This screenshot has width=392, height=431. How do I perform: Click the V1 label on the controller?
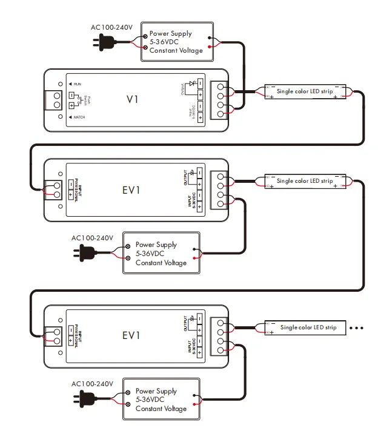click(x=132, y=99)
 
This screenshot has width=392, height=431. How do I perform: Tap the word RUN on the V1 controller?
click(x=78, y=83)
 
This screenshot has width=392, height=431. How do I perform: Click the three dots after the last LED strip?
click(x=357, y=328)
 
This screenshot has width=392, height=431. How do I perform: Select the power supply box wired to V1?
click(x=178, y=42)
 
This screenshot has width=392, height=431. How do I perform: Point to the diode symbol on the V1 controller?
click(x=193, y=83)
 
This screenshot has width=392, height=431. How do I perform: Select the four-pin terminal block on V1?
click(x=219, y=99)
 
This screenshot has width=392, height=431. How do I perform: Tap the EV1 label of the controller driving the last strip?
click(x=131, y=336)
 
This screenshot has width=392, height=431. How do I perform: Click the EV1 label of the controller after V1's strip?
click(x=131, y=189)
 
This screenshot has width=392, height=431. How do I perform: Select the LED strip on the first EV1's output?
click(x=305, y=181)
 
